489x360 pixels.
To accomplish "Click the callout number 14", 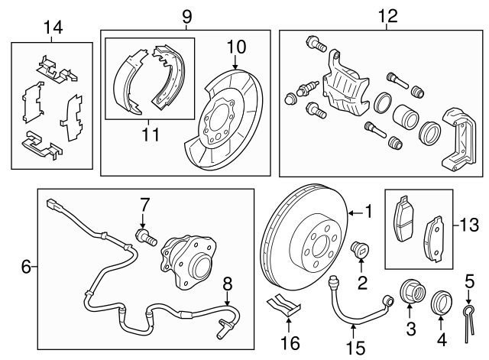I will coord(53,28).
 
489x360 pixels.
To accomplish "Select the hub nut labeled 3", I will coord(410,295).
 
